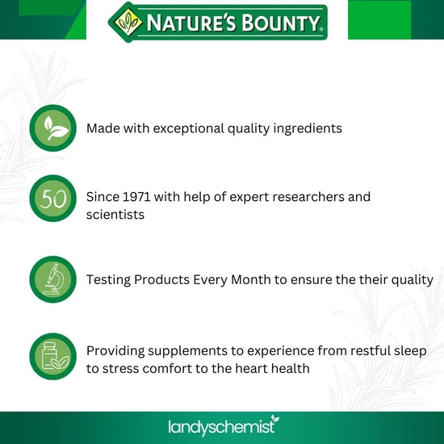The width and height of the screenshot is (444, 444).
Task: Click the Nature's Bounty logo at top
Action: click(x=218, y=22)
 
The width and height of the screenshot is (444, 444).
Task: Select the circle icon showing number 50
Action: click(x=53, y=199)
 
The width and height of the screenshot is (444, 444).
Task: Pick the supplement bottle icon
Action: click(x=53, y=357)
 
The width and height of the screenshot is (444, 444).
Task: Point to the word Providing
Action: click(x=117, y=350)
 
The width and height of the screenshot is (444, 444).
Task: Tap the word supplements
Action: click(x=196, y=350)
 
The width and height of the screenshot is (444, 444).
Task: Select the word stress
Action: click(x=122, y=370)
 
